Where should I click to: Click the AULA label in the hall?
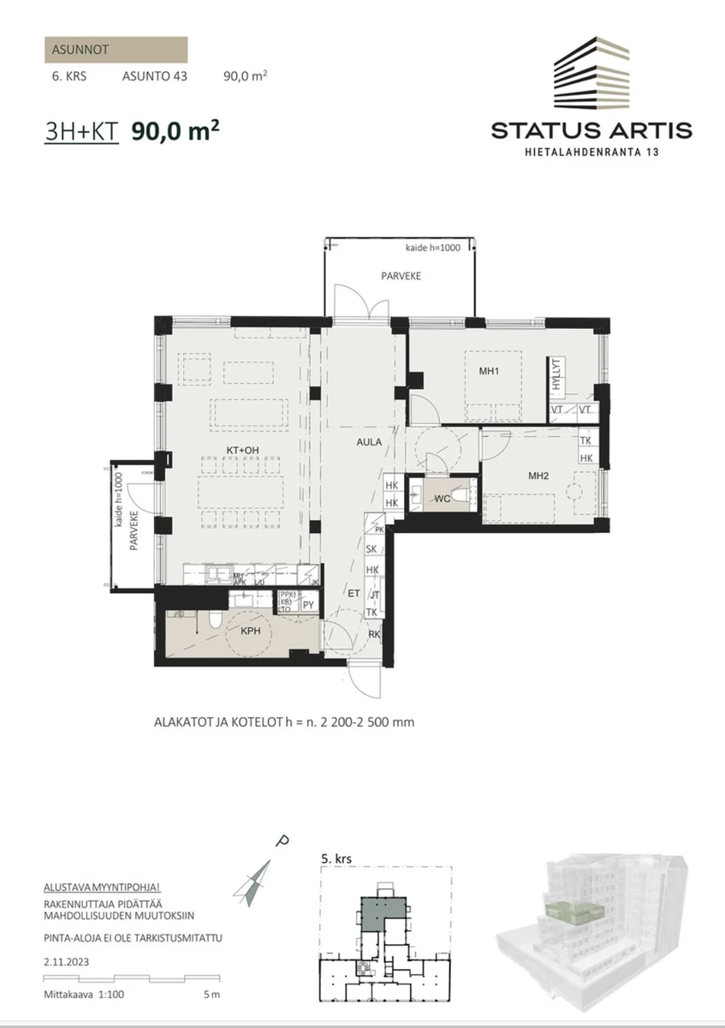369,443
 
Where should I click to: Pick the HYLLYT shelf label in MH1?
556,374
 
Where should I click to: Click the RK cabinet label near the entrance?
373,635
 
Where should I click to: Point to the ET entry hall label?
352,592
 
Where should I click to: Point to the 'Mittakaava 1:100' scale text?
84,995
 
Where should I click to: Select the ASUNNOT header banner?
115,50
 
